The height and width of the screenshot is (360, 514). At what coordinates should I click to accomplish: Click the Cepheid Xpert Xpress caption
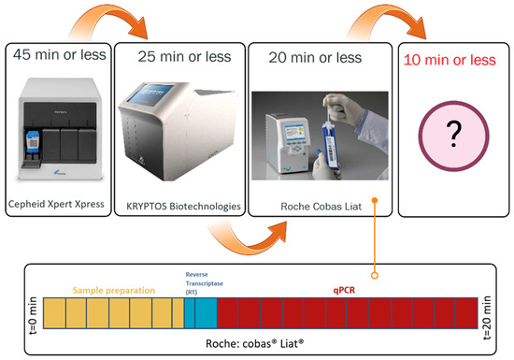(x=62, y=205)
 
